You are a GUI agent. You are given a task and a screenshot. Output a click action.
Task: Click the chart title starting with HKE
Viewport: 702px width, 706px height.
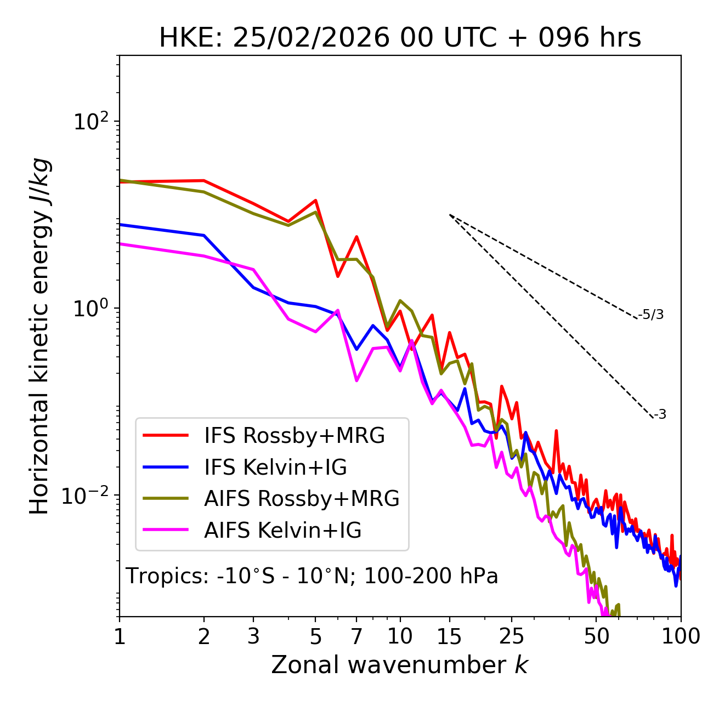click(400, 38)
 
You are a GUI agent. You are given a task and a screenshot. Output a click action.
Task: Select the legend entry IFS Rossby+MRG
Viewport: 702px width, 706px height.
click(295, 436)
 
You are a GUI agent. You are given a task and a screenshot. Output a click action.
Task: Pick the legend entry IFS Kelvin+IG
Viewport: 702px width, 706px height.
click(275, 468)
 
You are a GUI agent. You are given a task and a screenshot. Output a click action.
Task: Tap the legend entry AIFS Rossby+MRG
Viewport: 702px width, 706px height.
click(302, 499)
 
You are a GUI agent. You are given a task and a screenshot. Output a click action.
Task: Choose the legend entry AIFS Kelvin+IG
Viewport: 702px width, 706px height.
click(282, 531)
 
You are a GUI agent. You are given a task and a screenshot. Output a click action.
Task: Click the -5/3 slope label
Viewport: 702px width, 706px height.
click(651, 315)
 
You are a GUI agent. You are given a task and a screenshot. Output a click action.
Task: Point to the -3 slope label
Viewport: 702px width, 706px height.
click(660, 415)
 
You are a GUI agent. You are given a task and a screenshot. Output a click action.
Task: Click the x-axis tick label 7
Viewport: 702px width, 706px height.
click(356, 636)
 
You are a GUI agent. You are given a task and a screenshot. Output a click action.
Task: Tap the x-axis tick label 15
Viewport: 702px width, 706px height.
click(449, 636)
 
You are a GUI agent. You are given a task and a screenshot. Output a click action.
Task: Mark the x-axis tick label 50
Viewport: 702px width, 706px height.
click(597, 636)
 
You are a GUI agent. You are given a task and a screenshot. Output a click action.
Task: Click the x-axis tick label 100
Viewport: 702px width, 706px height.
click(681, 636)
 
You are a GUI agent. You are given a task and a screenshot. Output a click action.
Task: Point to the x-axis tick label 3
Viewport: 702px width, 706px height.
click(253, 636)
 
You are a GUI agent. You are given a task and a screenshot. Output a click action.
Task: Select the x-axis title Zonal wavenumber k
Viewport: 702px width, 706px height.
click(400, 665)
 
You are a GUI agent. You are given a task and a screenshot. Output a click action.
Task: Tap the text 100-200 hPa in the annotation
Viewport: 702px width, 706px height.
click(431, 576)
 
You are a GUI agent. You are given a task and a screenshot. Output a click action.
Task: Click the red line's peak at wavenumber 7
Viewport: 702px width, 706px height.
click(356, 237)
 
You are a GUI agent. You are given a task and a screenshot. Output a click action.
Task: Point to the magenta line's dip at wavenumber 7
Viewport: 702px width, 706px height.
click(356, 380)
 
